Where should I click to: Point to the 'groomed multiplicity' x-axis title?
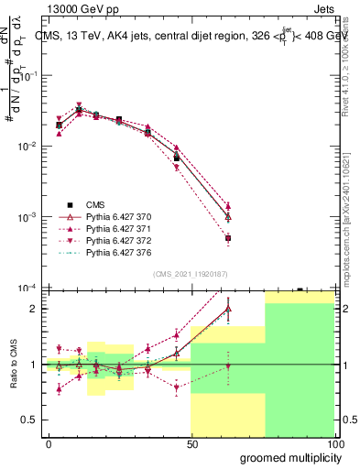coord(286,457)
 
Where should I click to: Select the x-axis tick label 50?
coord(191,444)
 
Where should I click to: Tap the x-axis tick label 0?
coord(49,444)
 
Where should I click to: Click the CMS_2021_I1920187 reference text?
coord(191,274)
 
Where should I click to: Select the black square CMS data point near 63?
coord(228,238)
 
